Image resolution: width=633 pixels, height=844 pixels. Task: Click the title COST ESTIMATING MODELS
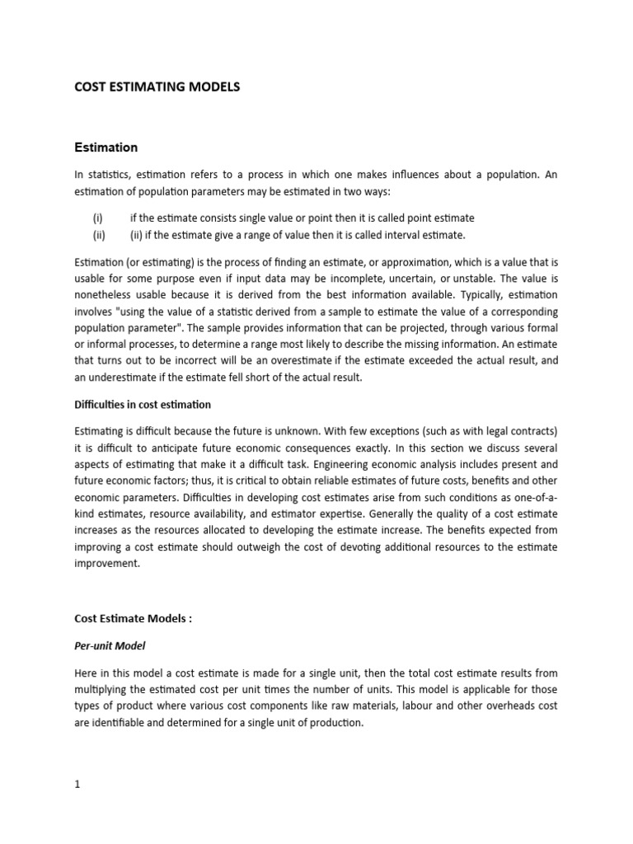tap(157, 87)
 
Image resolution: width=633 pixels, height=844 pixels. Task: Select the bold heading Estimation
tap(105, 148)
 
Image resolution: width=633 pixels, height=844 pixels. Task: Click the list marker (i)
tap(98, 218)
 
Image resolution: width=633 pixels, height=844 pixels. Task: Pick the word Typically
tap(442, 296)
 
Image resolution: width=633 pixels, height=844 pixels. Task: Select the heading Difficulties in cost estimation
tap(143, 405)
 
